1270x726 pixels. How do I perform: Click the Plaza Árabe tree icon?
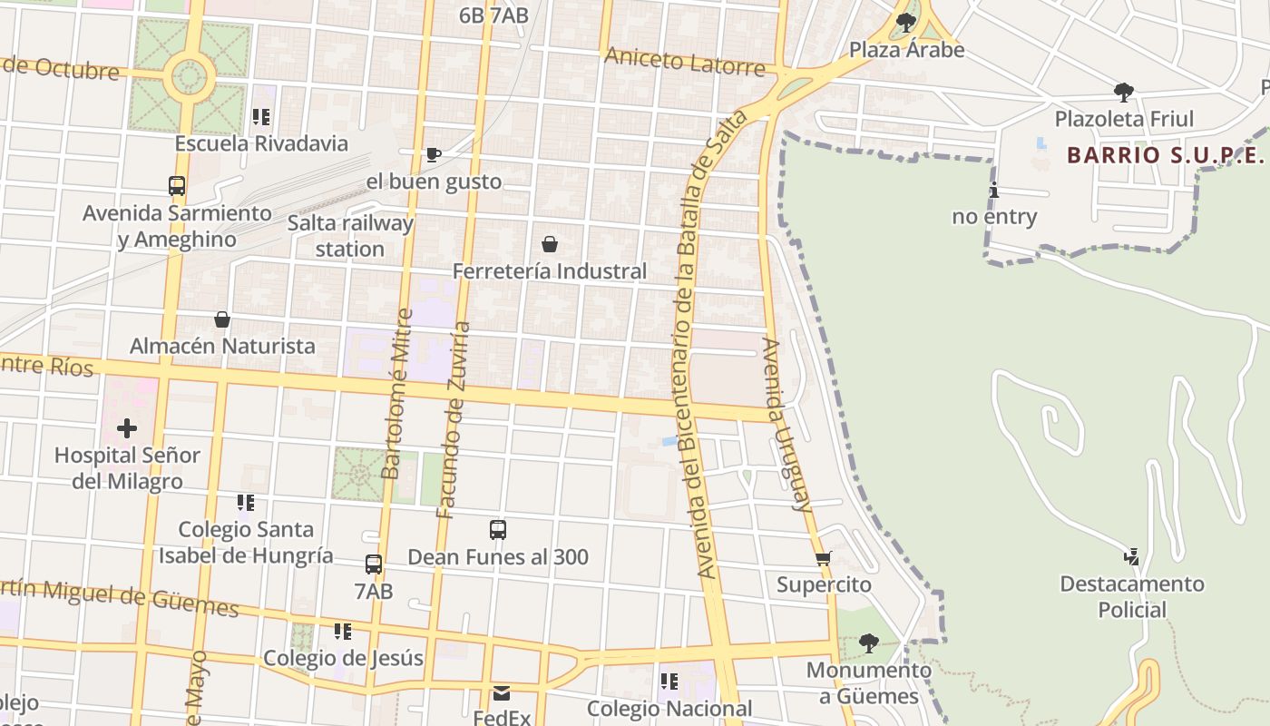905,22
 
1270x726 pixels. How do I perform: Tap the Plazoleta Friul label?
1124,119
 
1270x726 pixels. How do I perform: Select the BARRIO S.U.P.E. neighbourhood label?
1165,154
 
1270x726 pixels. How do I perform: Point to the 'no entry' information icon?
994,190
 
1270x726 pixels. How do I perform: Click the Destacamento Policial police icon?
1131,556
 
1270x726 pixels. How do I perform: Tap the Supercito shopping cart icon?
823,558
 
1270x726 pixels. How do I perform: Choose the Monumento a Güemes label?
868,683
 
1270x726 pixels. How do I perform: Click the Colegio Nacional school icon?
669,682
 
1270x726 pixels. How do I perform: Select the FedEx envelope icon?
502,693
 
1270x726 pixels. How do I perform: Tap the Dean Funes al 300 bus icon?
498,530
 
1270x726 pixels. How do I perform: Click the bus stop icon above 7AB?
374,564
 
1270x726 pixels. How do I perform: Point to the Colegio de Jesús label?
343,658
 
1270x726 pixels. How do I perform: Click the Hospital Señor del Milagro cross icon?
127,427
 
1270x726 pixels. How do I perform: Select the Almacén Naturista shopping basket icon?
222,319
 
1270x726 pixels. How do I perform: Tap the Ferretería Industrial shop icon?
550,244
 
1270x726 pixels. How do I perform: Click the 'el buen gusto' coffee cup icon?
434,154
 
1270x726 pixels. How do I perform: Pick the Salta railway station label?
350,236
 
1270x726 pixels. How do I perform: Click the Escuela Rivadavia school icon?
261,117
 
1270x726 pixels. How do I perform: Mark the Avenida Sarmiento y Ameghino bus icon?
177,186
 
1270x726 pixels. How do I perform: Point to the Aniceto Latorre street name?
685,64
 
